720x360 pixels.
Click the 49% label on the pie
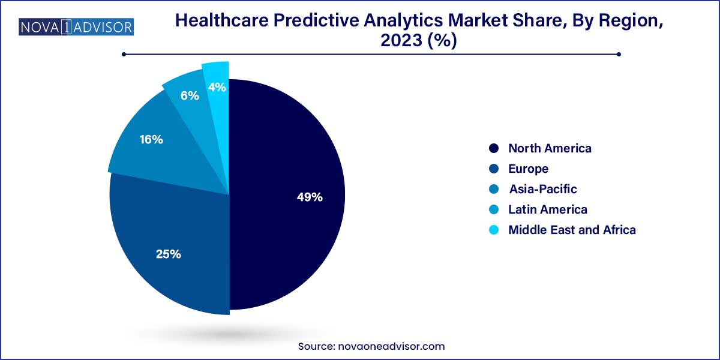point(310,197)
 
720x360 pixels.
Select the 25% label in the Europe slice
point(168,254)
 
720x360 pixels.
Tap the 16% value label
point(151,140)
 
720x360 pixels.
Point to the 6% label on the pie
point(190,95)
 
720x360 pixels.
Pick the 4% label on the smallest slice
point(217,88)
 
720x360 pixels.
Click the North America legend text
point(550,148)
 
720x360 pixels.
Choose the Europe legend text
point(528,169)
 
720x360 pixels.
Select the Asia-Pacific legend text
point(543,189)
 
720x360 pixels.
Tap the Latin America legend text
point(548,209)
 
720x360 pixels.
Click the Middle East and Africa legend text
point(572,230)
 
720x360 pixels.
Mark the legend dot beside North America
point(494,148)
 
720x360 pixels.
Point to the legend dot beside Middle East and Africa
point(494,230)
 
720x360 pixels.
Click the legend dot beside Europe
point(494,169)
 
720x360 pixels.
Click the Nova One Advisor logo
point(76,27)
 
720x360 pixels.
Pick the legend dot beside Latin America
point(494,209)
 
